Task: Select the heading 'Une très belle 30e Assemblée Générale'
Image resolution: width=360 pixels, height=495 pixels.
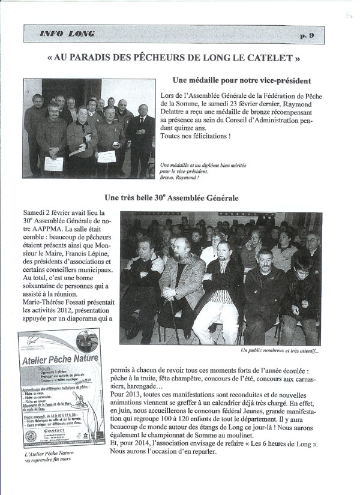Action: pyautogui.click(x=179, y=197)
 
